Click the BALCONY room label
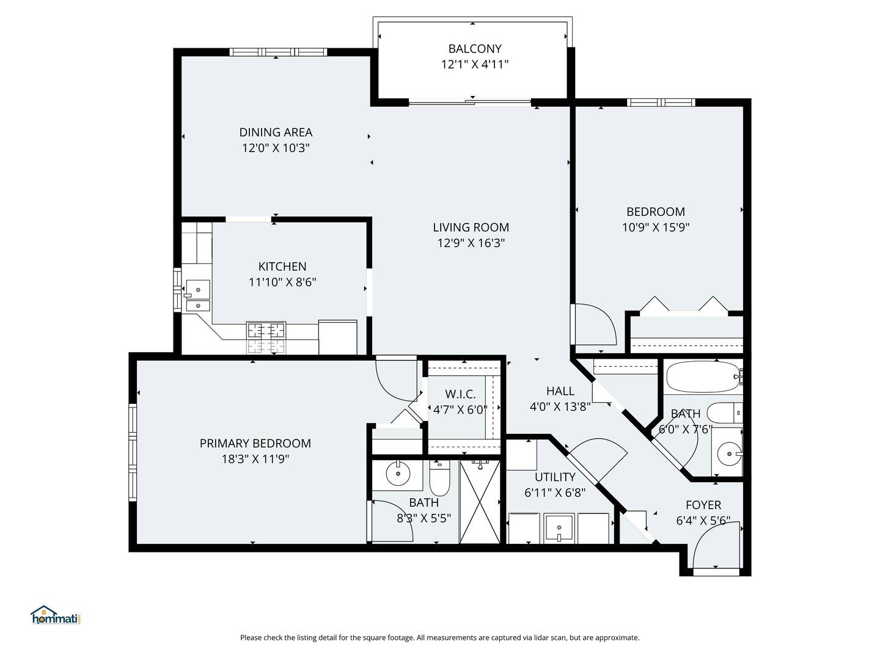[474, 49]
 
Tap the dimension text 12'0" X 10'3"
[276, 148]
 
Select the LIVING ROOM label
[471, 227]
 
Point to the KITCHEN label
[282, 266]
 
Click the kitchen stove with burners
[266, 337]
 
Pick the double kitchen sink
[197, 296]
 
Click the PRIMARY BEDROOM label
[255, 444]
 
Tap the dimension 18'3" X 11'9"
[255, 460]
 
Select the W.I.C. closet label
[460, 394]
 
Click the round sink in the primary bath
[398, 474]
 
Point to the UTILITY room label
[555, 477]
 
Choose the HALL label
[560, 391]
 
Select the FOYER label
[703, 505]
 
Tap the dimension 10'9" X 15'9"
[656, 228]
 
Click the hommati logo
[56, 615]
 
